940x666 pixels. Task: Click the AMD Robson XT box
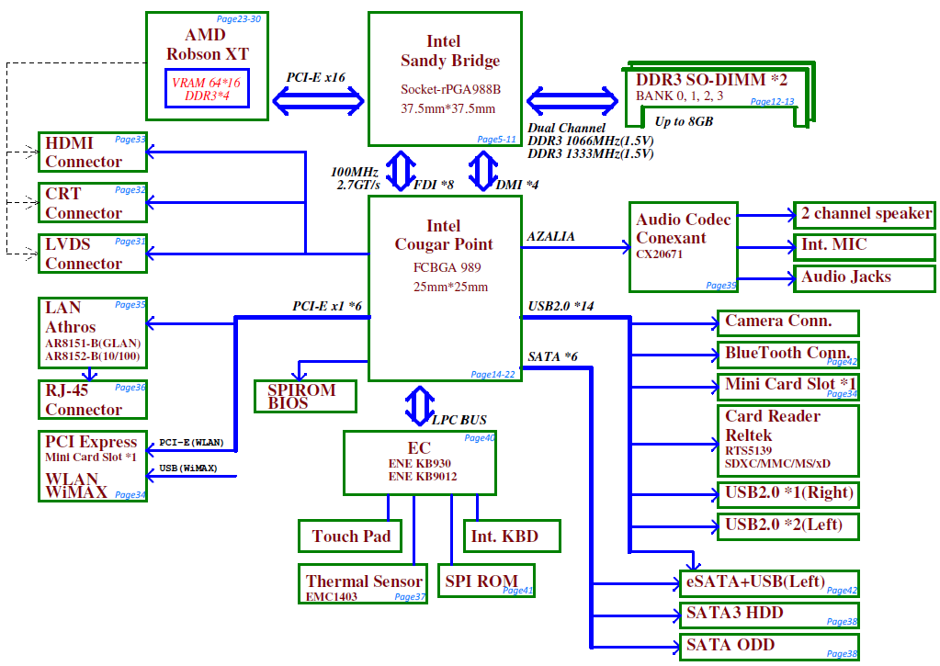click(207, 66)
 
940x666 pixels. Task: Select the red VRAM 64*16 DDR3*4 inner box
click(207, 89)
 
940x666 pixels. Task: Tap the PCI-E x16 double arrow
click(318, 100)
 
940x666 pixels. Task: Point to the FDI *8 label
click(434, 185)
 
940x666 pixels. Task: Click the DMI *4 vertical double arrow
click(482, 171)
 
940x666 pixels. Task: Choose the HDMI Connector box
click(93, 152)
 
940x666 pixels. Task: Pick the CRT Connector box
click(93, 203)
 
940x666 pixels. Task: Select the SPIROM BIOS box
click(305, 396)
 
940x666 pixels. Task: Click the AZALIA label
click(551, 237)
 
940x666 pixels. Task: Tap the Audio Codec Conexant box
click(684, 247)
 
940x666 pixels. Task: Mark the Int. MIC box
click(865, 246)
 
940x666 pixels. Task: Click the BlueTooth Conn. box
click(788, 355)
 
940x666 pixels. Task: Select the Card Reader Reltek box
click(788, 441)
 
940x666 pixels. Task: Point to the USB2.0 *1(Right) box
click(788, 494)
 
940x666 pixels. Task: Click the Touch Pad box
click(350, 536)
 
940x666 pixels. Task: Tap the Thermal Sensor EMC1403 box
click(363, 583)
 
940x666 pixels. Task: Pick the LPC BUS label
click(459, 420)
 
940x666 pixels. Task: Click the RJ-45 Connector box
click(93, 400)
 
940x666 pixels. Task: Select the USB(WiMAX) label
click(188, 468)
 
